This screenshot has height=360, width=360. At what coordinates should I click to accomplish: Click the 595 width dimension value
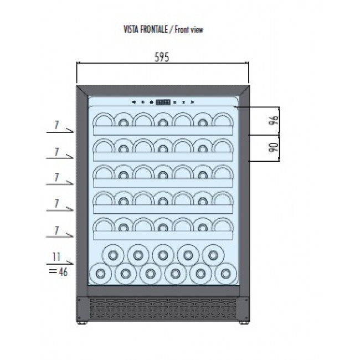click(162, 57)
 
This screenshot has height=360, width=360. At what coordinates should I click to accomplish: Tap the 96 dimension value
click(274, 120)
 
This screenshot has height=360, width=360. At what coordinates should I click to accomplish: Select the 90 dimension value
click(274, 147)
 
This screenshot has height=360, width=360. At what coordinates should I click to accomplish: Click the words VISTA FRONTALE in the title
click(146, 29)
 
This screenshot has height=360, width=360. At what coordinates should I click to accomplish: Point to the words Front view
click(189, 29)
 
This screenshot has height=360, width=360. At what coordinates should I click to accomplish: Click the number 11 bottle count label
click(56, 257)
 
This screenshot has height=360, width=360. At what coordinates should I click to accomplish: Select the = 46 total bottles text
click(58, 272)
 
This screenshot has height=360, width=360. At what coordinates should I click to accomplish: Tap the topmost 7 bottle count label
click(56, 125)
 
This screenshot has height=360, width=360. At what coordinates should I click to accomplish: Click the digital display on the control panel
click(163, 102)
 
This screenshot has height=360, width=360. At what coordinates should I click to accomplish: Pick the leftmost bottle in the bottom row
click(100, 274)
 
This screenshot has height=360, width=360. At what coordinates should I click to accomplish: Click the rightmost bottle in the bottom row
click(225, 274)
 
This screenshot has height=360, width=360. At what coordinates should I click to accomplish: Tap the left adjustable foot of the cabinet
click(82, 323)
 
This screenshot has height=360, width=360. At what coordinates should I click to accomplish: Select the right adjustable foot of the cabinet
click(243, 323)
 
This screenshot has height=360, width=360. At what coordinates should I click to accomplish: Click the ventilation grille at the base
click(163, 308)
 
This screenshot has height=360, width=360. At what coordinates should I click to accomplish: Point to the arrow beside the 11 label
click(60, 263)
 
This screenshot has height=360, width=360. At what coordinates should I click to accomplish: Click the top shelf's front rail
click(163, 130)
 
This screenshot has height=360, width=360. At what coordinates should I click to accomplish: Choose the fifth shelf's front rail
click(163, 235)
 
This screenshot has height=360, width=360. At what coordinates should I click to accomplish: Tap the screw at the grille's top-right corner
click(246, 300)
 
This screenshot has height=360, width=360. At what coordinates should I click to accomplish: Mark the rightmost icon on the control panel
click(193, 102)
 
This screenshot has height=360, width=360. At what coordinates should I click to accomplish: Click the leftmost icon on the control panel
click(134, 102)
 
